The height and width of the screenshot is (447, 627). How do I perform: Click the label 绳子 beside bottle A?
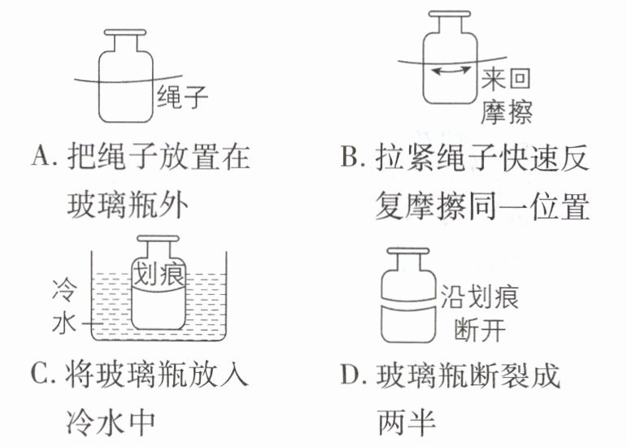pyautogui.click(x=182, y=97)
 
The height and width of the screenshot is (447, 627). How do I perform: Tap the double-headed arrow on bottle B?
pyautogui.click(x=451, y=71)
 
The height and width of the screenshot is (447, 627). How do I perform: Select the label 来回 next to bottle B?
pyautogui.click(x=506, y=79)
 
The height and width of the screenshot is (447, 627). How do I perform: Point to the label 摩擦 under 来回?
pyautogui.click(x=507, y=112)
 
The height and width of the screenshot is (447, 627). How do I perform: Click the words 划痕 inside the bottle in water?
pyautogui.click(x=159, y=274)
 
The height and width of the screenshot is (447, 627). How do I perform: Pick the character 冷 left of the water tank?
pyautogui.click(x=64, y=290)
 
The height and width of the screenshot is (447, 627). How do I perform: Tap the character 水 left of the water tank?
pyautogui.click(x=64, y=323)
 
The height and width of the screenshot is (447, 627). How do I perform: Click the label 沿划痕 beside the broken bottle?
pyautogui.click(x=479, y=297)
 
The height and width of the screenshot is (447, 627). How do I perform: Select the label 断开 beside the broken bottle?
pyautogui.click(x=480, y=330)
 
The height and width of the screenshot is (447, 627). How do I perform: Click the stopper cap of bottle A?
pyautogui.click(x=125, y=33)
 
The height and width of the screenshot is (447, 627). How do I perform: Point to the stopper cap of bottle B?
pyautogui.click(x=450, y=14)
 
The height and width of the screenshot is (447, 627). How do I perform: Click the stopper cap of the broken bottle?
pyautogui.click(x=408, y=251)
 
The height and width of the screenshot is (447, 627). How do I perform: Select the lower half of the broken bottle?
pyautogui.click(x=408, y=324)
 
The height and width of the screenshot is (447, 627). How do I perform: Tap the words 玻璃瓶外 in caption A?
pyautogui.click(x=128, y=206)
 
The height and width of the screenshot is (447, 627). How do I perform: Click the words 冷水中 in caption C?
pyautogui.click(x=111, y=423)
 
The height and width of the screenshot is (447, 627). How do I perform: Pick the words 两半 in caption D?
pyautogui.click(x=407, y=423)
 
